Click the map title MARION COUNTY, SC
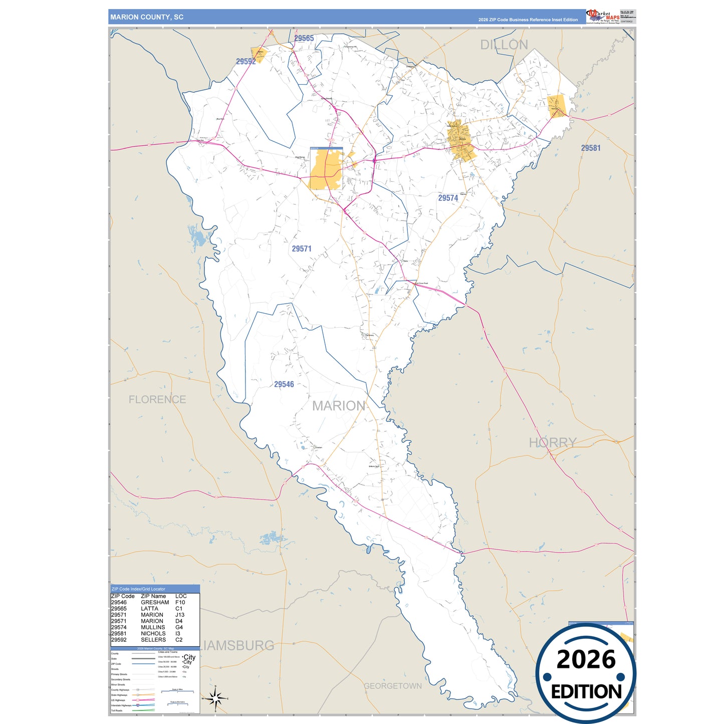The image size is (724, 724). click(x=147, y=17)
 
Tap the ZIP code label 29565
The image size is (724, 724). click(x=304, y=39)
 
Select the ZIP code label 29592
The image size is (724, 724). click(x=246, y=62)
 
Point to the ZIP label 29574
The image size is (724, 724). click(x=448, y=198)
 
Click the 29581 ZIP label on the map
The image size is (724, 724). click(x=590, y=148)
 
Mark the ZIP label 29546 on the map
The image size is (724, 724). click(x=284, y=384)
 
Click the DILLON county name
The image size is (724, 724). click(x=504, y=45)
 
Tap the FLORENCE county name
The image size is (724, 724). click(x=157, y=399)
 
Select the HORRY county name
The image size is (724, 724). click(x=553, y=442)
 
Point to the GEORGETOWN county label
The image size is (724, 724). click(x=392, y=686)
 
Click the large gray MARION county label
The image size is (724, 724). click(x=339, y=406)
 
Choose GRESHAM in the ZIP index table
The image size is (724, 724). click(x=155, y=602)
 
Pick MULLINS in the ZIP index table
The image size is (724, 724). click(x=153, y=627)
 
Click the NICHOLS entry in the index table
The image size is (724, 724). click(x=153, y=633)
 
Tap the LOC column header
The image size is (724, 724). click(x=181, y=596)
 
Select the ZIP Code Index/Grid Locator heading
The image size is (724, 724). click(x=138, y=589)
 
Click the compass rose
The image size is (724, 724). click(x=215, y=698)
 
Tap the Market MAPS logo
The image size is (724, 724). click(x=603, y=17)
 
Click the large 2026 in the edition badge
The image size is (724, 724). click(x=586, y=659)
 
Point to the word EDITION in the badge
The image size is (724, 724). click(x=586, y=692)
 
